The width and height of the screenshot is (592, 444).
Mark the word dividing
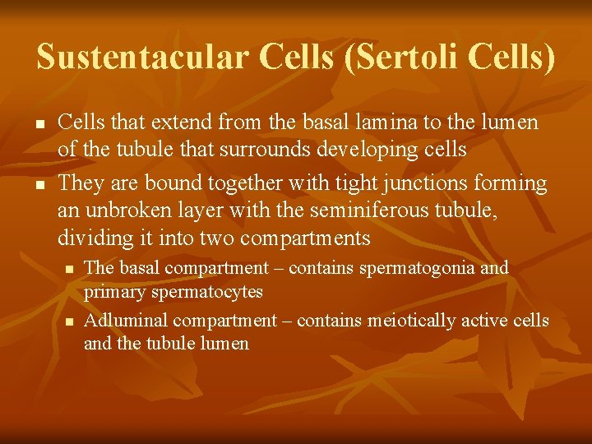click(x=91, y=239)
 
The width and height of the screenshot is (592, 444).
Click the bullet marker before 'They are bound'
click(x=39, y=183)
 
